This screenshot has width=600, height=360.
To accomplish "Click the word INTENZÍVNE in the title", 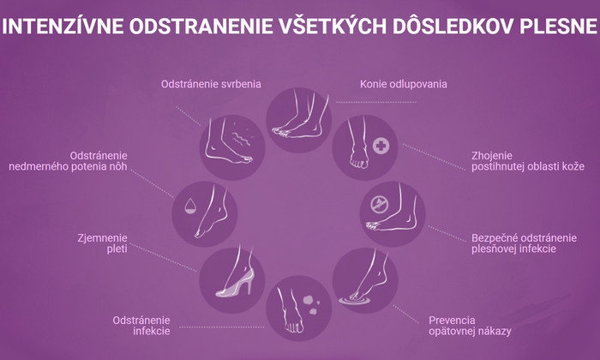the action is pyautogui.click(x=63, y=26).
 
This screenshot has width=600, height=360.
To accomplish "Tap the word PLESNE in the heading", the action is pyautogui.click(x=559, y=26).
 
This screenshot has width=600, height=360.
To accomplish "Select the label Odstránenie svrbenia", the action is pyautogui.click(x=211, y=84).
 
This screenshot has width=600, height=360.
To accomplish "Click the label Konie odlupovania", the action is pyautogui.click(x=404, y=84).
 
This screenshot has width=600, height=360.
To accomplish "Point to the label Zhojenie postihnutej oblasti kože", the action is pyautogui.click(x=528, y=161).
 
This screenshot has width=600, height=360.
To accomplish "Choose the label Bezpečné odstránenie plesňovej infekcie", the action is pyautogui.click(x=524, y=243).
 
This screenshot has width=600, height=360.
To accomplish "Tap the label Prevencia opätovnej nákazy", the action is pyautogui.click(x=470, y=326).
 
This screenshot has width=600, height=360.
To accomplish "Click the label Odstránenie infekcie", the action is pyautogui.click(x=141, y=326).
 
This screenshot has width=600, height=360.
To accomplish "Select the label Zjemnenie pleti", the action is pyautogui.click(x=102, y=243).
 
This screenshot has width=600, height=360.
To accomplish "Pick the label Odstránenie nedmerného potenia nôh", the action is pyautogui.click(x=68, y=161).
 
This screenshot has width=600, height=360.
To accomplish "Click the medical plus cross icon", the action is pyautogui.click(x=381, y=146).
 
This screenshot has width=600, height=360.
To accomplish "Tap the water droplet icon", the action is pyautogui.click(x=190, y=206).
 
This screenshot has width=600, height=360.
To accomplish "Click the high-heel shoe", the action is pyautogui.click(x=235, y=283).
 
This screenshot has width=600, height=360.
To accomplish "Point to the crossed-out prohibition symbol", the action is pyautogui.click(x=379, y=205).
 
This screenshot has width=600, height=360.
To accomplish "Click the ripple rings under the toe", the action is pyautogui.click(x=355, y=300).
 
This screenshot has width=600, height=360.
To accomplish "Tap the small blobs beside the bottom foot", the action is pyautogui.click(x=312, y=304).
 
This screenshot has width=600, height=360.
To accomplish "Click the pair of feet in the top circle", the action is pyautogui.click(x=300, y=114).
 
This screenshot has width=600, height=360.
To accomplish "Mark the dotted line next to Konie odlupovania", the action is pyautogui.click(x=376, y=102).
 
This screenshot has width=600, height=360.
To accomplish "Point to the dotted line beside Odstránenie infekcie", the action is pyautogui.click(x=221, y=327).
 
